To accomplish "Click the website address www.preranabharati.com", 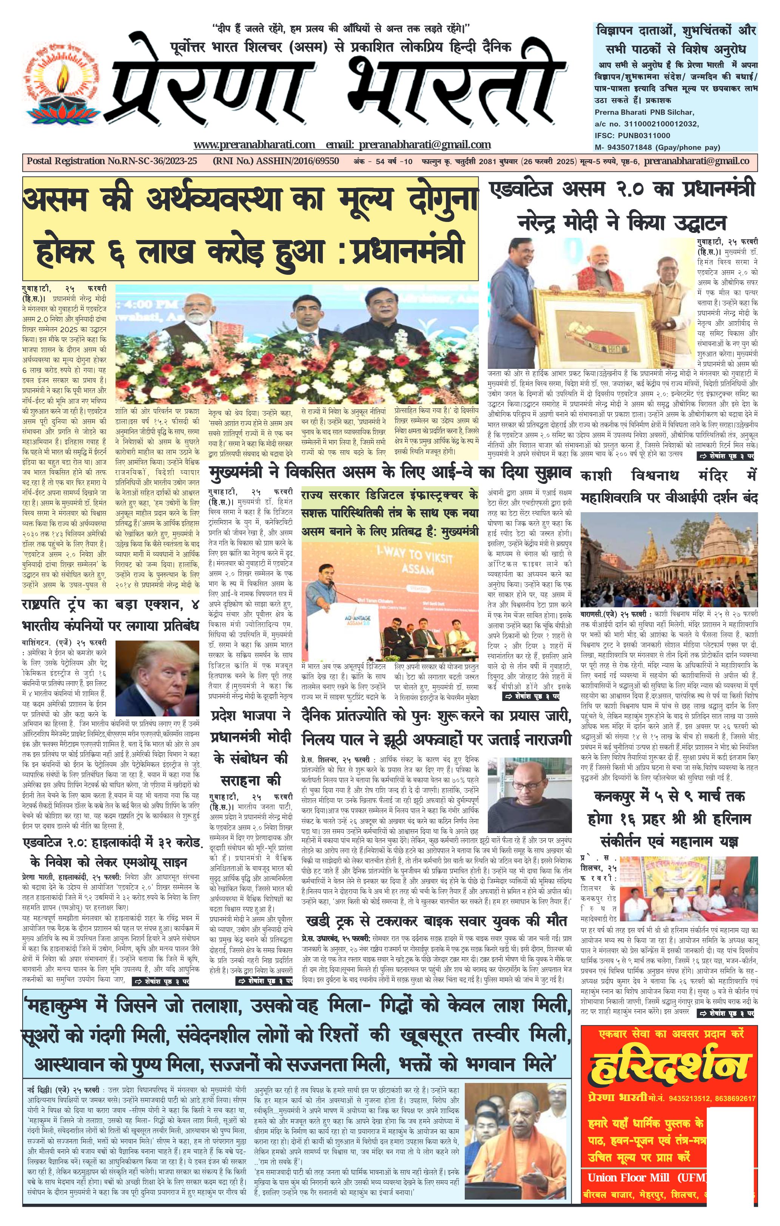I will [x=254, y=145].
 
